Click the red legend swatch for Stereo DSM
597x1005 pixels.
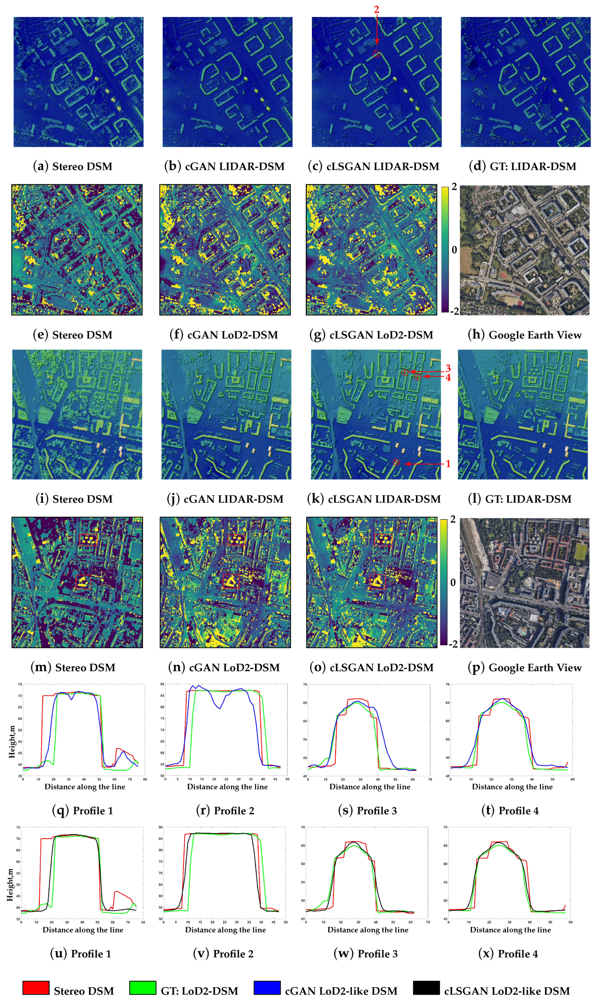click(36, 988)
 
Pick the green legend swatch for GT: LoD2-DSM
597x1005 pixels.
click(143, 988)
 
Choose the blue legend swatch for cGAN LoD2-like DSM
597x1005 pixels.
click(267, 988)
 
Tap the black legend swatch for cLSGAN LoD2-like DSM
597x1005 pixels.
click(426, 988)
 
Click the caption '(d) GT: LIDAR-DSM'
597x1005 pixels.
click(523, 166)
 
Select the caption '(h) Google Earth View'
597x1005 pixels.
click(524, 335)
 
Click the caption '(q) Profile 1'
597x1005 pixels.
click(83, 810)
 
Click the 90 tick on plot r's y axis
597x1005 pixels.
click(162, 684)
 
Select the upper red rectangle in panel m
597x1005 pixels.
click(88, 539)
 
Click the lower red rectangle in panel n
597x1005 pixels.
click(231, 581)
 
